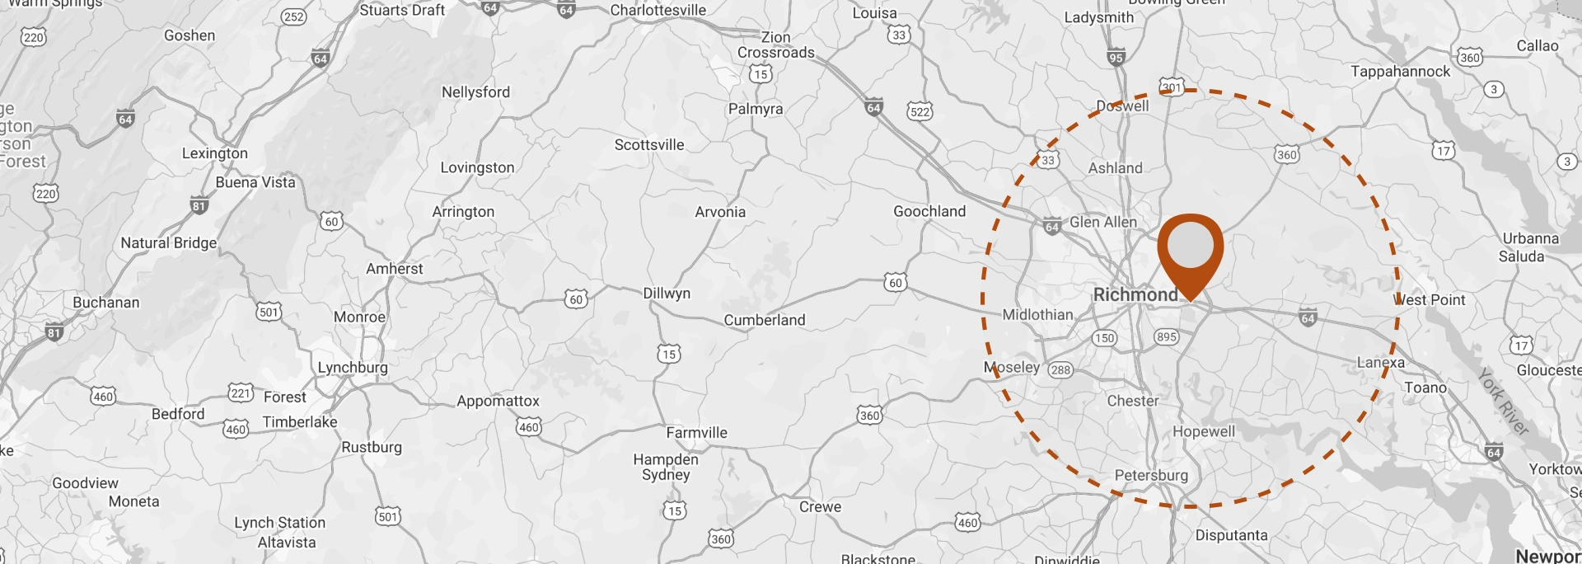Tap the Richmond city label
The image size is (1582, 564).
pyautogui.click(x=1135, y=294)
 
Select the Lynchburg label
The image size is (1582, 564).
pyautogui.click(x=353, y=367)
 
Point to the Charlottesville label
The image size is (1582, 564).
pyautogui.click(x=658, y=10)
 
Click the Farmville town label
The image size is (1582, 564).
pyautogui.click(x=696, y=432)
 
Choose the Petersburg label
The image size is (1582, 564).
pyautogui.click(x=1151, y=475)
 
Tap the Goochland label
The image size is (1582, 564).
pyautogui.click(x=929, y=211)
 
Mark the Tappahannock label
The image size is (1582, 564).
pyautogui.click(x=1400, y=71)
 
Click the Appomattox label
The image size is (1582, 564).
pyautogui.click(x=498, y=401)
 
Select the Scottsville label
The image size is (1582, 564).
pyautogui.click(x=649, y=144)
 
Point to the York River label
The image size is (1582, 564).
pyautogui.click(x=1503, y=402)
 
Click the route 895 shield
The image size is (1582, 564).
pyautogui.click(x=1166, y=336)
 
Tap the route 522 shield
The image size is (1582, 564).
pyautogui.click(x=920, y=111)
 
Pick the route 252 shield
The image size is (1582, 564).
pyautogui.click(x=293, y=16)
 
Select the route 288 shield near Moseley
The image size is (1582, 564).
pyautogui.click(x=1060, y=369)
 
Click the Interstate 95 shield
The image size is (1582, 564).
pyautogui.click(x=1116, y=58)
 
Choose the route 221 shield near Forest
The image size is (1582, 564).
pyautogui.click(x=240, y=392)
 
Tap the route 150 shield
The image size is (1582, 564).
pyautogui.click(x=1104, y=337)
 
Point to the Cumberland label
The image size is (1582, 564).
pyautogui.click(x=764, y=320)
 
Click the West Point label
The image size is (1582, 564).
pyautogui.click(x=1430, y=300)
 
